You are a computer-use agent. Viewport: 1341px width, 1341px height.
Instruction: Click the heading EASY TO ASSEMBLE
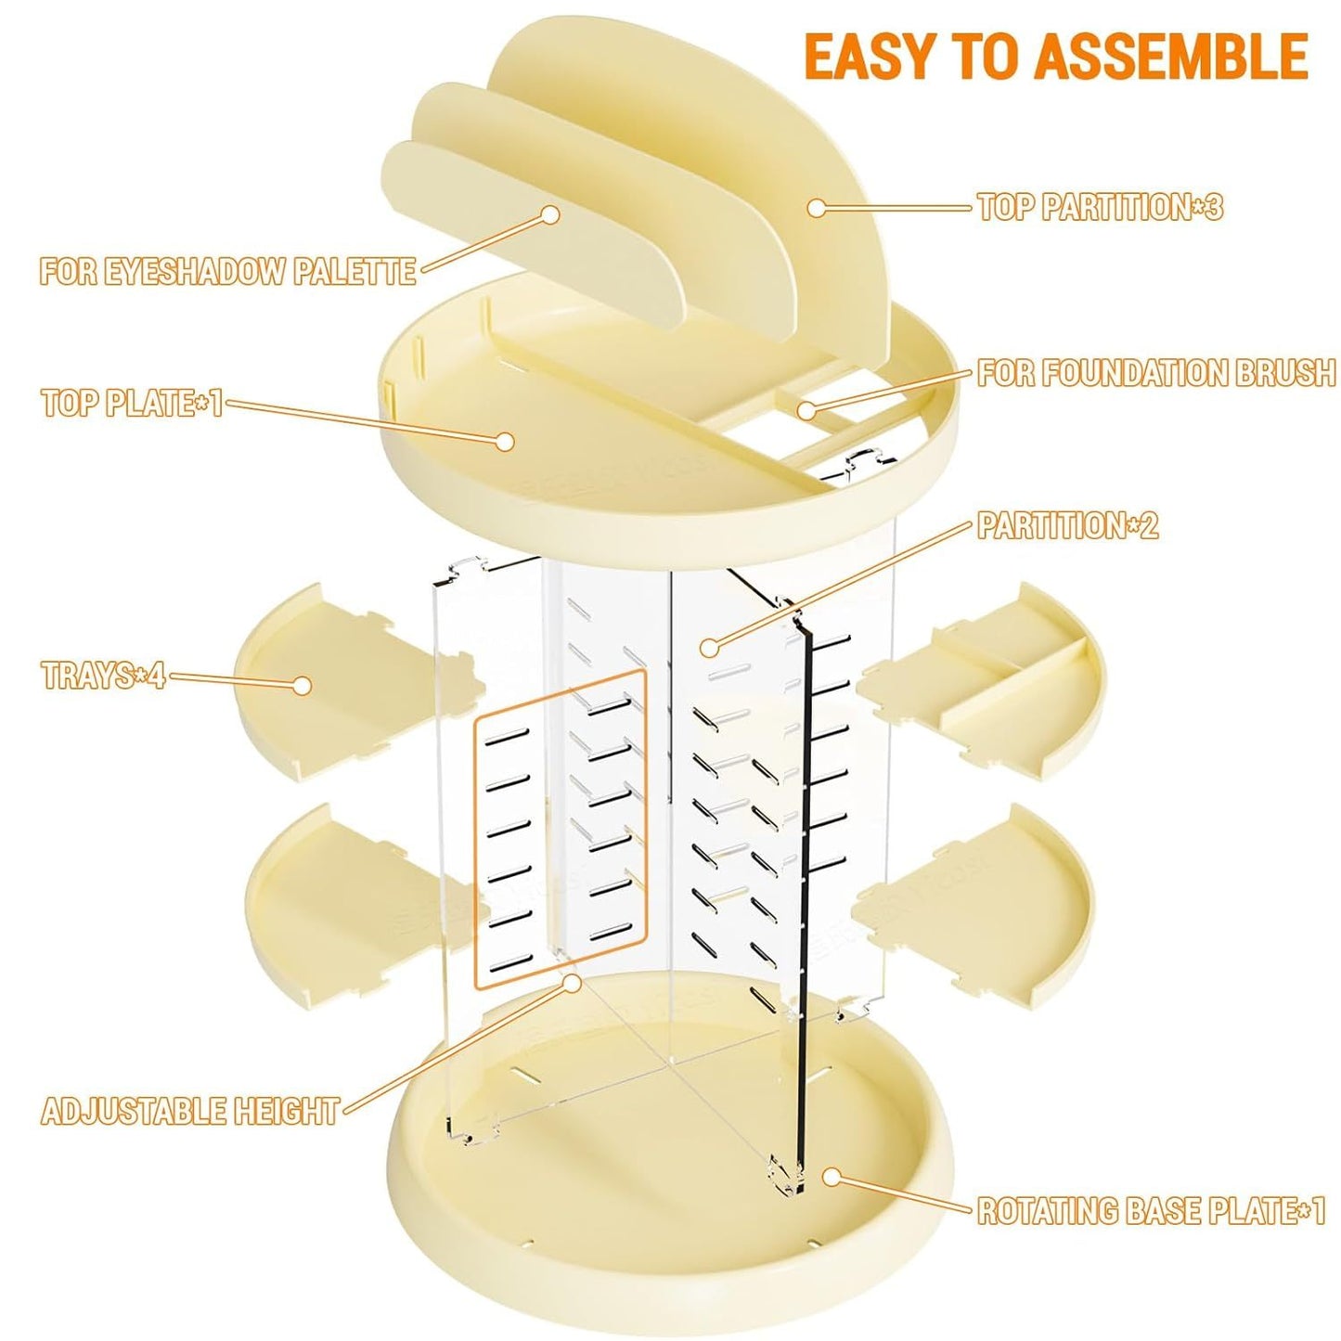[x=1055, y=56]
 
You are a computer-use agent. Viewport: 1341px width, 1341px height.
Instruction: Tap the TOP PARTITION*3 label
[x=1100, y=207]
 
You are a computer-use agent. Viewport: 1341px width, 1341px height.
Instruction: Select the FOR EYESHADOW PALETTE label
[x=227, y=272]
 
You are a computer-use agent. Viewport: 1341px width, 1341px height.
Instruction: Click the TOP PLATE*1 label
[x=132, y=404]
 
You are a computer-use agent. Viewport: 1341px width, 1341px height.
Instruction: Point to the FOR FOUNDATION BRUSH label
[x=1155, y=373]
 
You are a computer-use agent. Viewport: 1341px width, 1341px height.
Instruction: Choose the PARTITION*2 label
[x=1067, y=526]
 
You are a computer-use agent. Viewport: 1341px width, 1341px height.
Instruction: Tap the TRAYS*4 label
[x=103, y=675]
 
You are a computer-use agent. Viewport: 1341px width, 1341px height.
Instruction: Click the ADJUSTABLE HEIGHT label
[x=190, y=1111]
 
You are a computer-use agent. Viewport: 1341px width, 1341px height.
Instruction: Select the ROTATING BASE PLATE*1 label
[x=1151, y=1211]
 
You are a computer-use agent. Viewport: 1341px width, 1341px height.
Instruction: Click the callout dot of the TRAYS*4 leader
[x=302, y=685]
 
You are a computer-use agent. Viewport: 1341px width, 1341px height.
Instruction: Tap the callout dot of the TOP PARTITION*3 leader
[x=816, y=208]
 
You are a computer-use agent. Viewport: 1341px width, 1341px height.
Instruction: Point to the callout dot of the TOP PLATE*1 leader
[x=505, y=441]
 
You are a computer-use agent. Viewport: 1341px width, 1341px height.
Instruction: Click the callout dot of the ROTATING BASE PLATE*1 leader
[x=832, y=1177]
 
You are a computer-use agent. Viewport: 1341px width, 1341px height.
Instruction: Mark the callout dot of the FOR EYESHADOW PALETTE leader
[x=550, y=214]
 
